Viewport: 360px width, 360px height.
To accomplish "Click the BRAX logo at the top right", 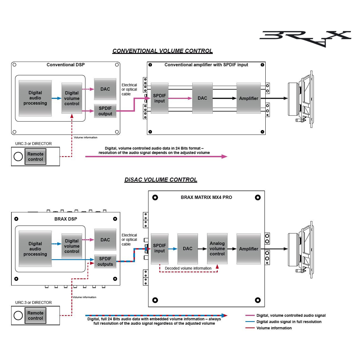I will coord(305,38).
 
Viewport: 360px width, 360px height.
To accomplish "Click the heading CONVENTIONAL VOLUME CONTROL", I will coord(162,51).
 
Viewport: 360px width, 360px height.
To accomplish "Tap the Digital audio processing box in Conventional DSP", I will coord(35,98).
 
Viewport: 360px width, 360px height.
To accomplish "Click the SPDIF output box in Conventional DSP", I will coord(105,111).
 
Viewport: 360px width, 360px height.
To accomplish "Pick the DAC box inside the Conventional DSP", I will coord(105,89).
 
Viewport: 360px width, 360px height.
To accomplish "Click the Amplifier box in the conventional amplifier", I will coord(248,98).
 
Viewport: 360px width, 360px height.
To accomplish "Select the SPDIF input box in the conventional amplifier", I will coord(159,98).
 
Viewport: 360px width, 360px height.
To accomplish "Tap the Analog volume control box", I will coord(217,249).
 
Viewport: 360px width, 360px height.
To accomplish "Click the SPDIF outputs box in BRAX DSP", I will coord(105,261).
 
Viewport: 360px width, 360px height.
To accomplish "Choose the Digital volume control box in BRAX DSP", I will coord(72,246).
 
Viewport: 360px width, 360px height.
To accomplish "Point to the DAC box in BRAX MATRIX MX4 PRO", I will coord(188,249).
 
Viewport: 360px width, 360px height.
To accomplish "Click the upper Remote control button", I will coord(35,157).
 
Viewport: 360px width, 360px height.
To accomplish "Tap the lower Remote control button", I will coord(35,316).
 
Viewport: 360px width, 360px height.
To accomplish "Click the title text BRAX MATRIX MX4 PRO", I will coord(206,198).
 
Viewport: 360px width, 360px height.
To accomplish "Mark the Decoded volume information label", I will coord(188,268).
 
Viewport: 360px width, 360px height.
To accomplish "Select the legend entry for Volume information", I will coord(274,328).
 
